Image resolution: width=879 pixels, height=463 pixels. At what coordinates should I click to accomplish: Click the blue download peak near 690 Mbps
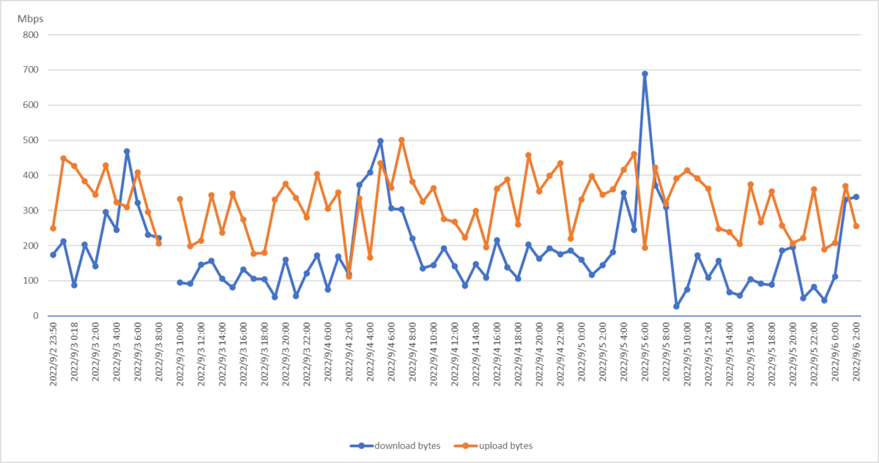pyautogui.click(x=645, y=74)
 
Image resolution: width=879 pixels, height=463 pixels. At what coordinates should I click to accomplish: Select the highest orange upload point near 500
pyautogui.click(x=401, y=140)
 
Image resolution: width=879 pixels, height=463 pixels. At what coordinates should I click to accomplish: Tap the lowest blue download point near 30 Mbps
pyautogui.click(x=676, y=306)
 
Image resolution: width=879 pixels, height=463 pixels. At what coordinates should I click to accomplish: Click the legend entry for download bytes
pyautogui.click(x=395, y=445)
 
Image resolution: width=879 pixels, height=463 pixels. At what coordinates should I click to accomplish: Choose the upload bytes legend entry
pyautogui.click(x=493, y=445)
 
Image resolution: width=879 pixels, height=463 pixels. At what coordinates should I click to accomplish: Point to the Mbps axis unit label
pyautogui.click(x=30, y=19)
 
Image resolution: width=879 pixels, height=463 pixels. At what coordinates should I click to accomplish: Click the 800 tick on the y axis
pyautogui.click(x=31, y=35)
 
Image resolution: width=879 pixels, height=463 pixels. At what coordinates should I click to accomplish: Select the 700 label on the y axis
pyautogui.click(x=31, y=70)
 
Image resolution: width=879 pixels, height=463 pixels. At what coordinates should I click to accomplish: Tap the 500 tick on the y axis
pyautogui.click(x=31, y=140)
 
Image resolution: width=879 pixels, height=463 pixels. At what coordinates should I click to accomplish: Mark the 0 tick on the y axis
pyautogui.click(x=36, y=316)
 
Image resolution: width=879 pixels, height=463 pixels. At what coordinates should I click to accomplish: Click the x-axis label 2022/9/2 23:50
pyautogui.click(x=53, y=354)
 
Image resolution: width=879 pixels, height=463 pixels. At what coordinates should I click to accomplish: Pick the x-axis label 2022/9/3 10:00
pyautogui.click(x=180, y=354)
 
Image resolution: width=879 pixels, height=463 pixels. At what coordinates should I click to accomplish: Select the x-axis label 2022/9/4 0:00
pyautogui.click(x=328, y=351)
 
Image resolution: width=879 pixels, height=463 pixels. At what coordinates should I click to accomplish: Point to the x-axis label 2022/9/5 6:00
pyautogui.click(x=645, y=351)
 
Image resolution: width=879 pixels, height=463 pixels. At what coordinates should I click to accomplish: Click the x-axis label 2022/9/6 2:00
pyautogui.click(x=856, y=351)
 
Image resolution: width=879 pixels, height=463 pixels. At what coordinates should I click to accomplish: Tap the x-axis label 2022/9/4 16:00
pyautogui.click(x=497, y=354)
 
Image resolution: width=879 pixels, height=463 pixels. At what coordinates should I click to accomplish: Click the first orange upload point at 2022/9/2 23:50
pyautogui.click(x=53, y=229)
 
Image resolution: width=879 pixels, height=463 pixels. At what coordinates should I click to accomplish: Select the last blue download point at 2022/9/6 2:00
pyautogui.click(x=856, y=197)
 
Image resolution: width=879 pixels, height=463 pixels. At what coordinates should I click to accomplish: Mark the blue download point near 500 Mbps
pyautogui.click(x=380, y=141)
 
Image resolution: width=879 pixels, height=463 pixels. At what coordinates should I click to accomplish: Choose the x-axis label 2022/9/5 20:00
pyautogui.click(x=793, y=354)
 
